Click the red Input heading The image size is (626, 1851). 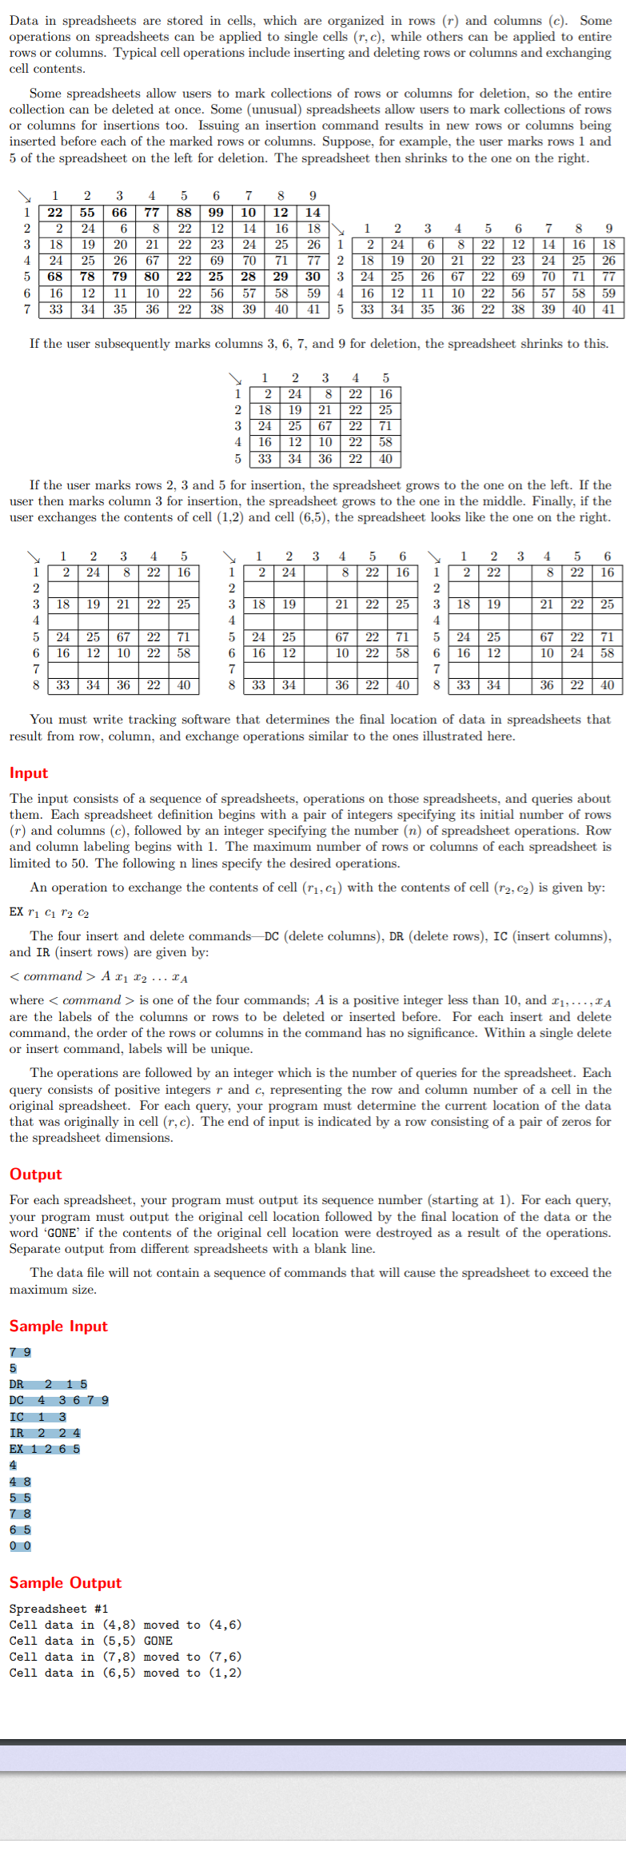pos(29,773)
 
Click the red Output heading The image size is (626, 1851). pos(35,1175)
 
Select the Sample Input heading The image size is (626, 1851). pos(58,1326)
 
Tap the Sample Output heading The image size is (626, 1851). pos(66,1583)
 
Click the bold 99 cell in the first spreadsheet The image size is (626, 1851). pos(216,213)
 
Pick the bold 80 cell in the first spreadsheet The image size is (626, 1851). pos(152,277)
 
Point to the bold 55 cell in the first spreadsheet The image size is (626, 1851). pos(87,213)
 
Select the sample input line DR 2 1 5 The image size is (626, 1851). pos(48,1385)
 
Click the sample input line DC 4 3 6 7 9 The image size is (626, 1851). pos(59,1401)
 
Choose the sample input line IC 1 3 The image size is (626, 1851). pos(38,1417)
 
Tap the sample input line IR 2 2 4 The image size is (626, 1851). pos(45,1433)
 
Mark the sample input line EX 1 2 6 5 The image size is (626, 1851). pos(45,1449)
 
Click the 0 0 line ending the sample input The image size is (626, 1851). pos(20,1546)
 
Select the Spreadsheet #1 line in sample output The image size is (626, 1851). pos(58,1609)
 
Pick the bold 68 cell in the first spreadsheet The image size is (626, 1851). pos(55,277)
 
